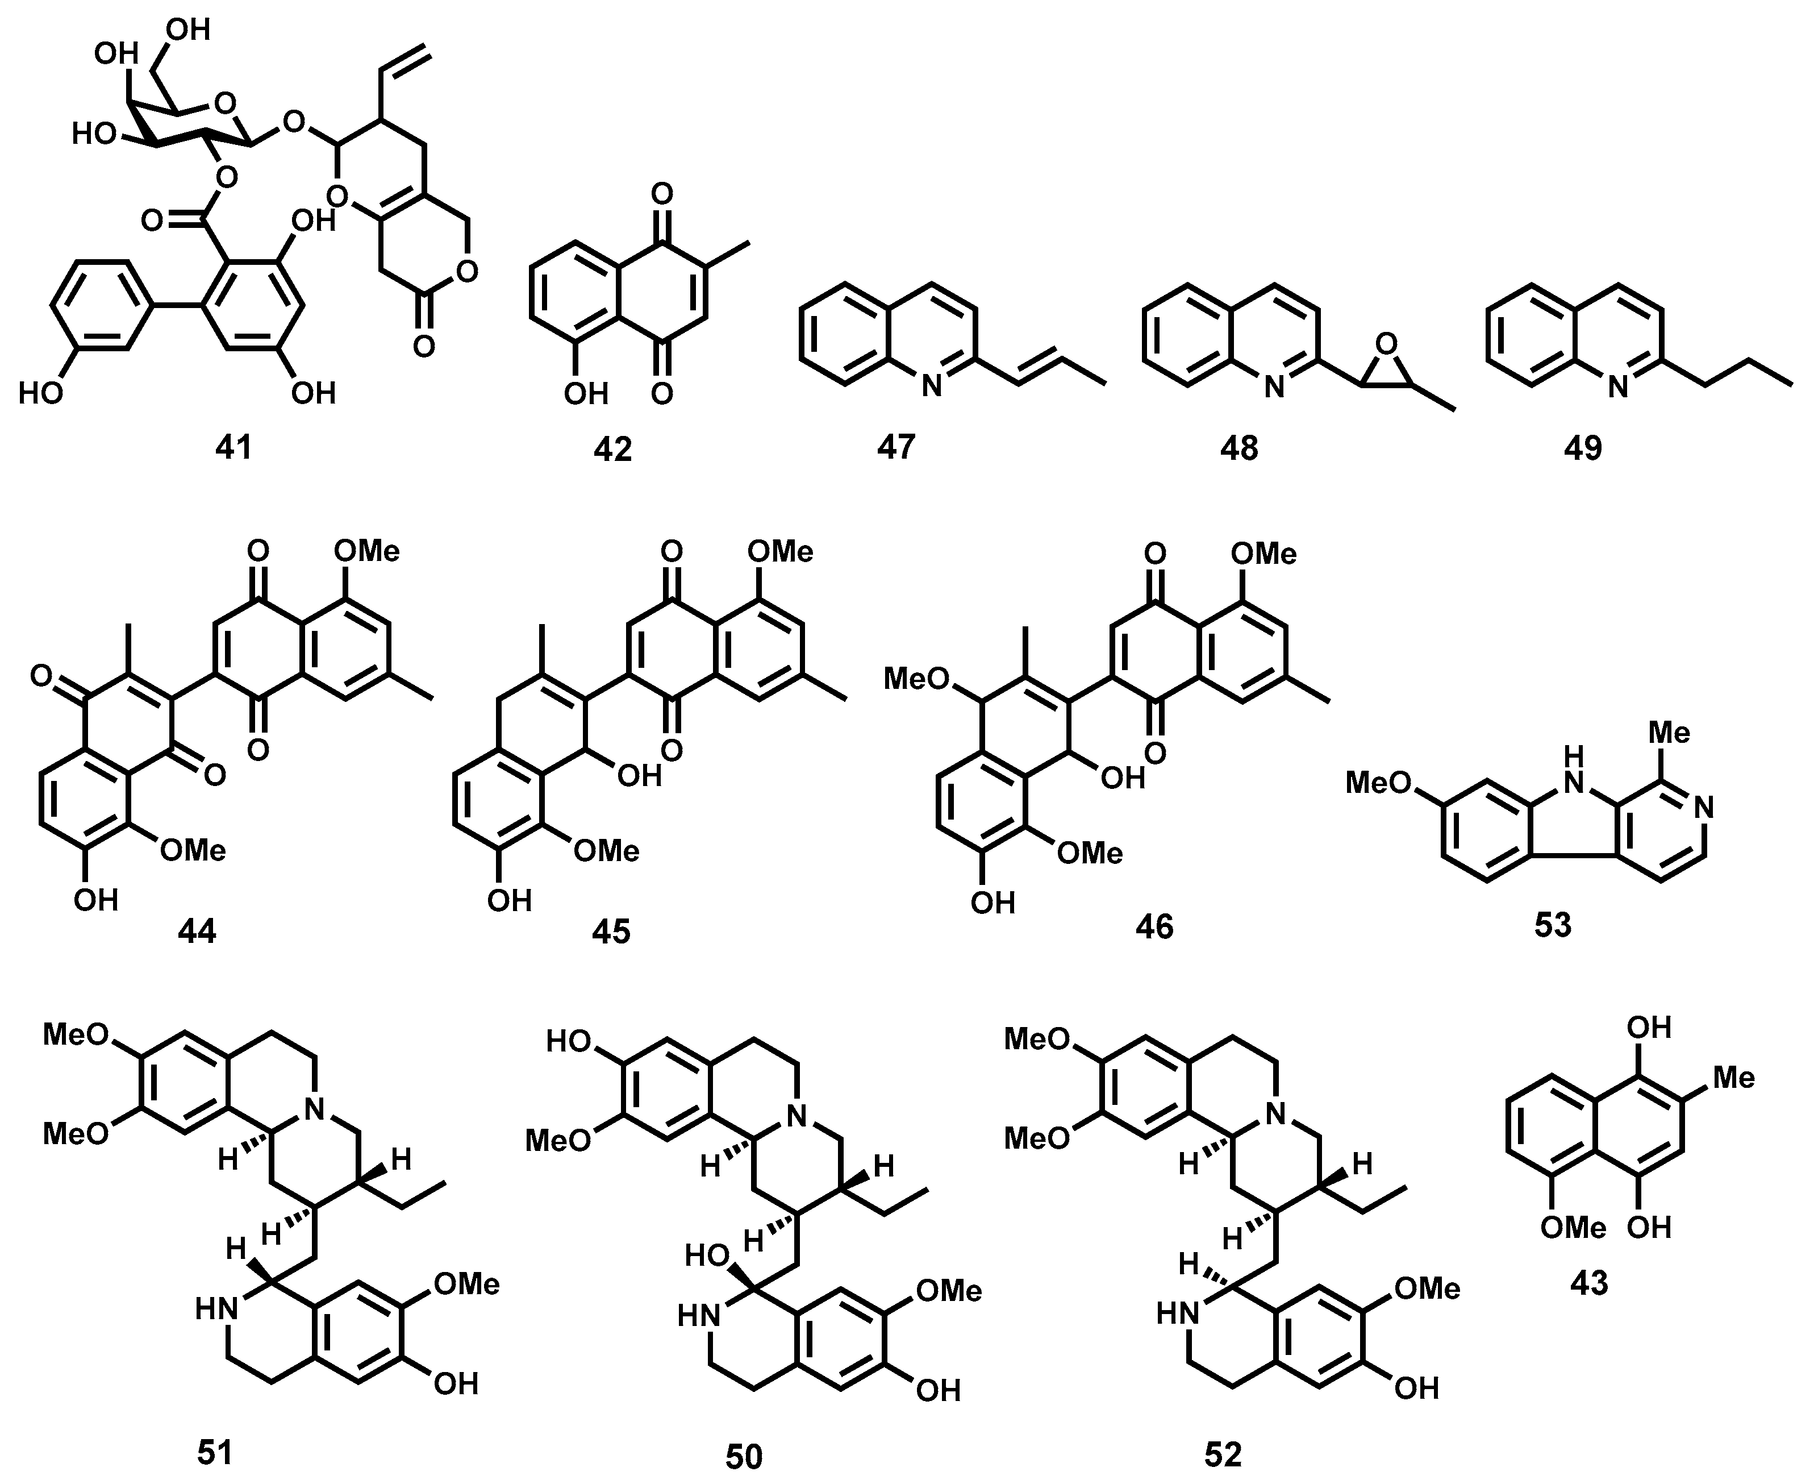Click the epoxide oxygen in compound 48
tap(1387, 344)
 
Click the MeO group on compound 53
tap(1378, 782)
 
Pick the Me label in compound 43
tap(1734, 1078)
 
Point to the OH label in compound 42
tap(586, 393)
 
